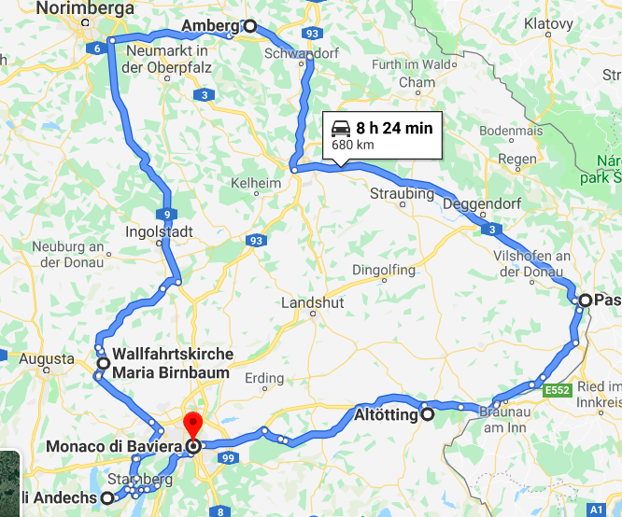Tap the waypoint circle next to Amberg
(249, 26)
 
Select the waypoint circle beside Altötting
(427, 414)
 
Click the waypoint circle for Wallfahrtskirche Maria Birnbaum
(103, 363)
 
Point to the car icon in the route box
(341, 128)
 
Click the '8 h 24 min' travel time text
(394, 128)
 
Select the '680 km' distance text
(353, 145)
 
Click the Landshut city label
(313, 303)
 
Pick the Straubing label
(403, 194)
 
